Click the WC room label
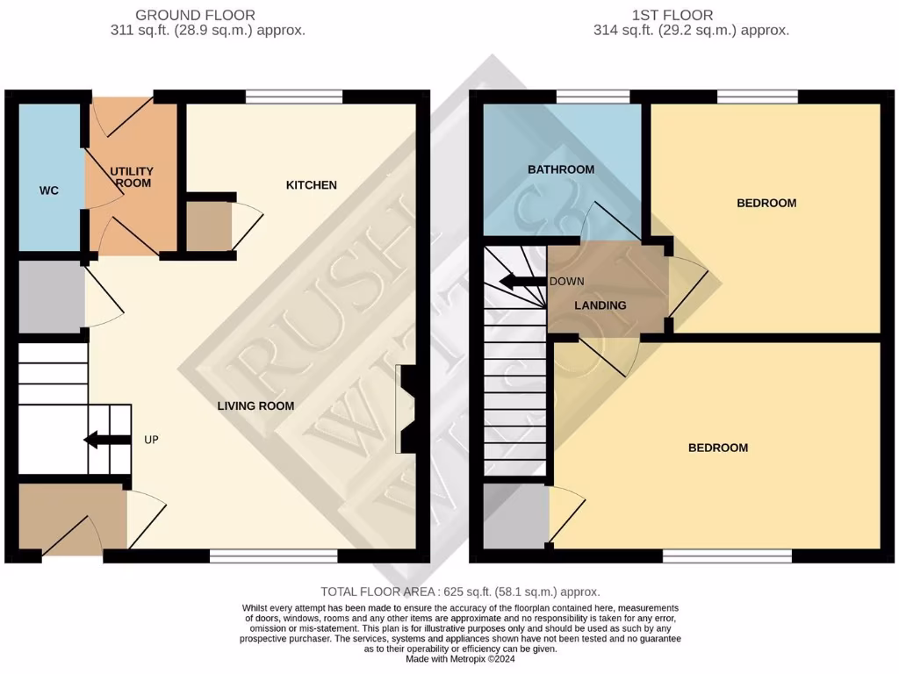click(x=49, y=190)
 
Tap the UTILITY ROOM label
click(x=132, y=176)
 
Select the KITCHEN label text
click(x=311, y=185)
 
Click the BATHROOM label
click(x=560, y=169)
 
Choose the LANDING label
click(x=600, y=305)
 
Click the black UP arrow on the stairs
click(x=102, y=440)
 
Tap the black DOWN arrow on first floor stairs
click(x=520, y=282)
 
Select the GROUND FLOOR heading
click(x=196, y=15)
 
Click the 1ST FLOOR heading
click(x=672, y=15)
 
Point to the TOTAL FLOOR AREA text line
click(x=460, y=592)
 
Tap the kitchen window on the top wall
click(x=293, y=97)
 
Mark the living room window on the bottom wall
click(x=273, y=556)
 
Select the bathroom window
click(x=593, y=97)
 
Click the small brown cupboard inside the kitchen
click(x=208, y=226)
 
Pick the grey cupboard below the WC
click(x=51, y=296)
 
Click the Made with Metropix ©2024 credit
click(x=461, y=659)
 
